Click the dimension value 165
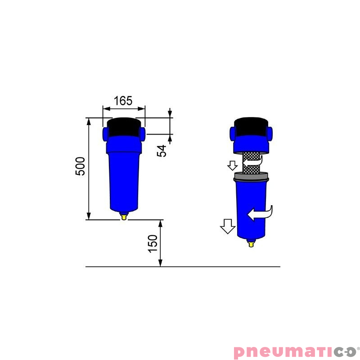[123, 100]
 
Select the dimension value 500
[80, 166]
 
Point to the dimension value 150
[153, 243]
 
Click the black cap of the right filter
[252, 126]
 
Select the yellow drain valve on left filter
[124, 217]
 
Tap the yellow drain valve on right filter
[252, 243]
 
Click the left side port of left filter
[106, 133]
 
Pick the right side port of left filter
[143, 134]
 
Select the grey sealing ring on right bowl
[251, 177]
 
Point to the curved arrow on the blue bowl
[261, 213]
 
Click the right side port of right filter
[271, 133]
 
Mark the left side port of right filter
[234, 133]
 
